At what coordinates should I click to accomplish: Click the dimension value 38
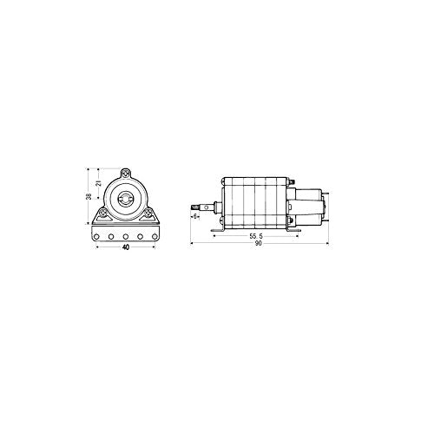coord(89,197)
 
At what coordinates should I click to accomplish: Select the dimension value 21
coord(99,183)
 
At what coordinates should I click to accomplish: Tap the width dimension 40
coord(126,247)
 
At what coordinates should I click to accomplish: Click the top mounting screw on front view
coord(127,173)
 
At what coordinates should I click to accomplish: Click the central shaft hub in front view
coord(127,197)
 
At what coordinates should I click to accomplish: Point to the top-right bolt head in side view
coord(289,180)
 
